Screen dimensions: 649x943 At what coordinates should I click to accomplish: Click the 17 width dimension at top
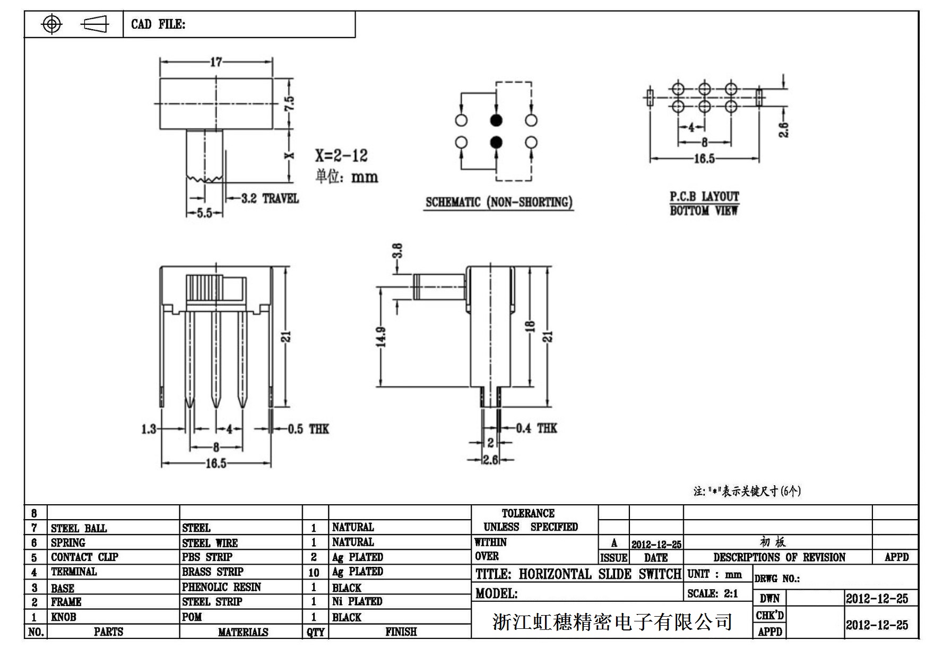[x=216, y=62]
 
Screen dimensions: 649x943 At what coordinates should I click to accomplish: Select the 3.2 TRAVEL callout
[x=270, y=198]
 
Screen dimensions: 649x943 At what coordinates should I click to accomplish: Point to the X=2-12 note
[x=341, y=155]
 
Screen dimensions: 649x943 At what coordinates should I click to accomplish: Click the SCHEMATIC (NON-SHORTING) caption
[x=499, y=202]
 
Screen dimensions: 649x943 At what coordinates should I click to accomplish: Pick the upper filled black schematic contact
[x=496, y=120]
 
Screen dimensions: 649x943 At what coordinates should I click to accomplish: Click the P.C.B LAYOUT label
[x=704, y=197]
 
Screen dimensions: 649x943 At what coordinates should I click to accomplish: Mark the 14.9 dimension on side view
[x=381, y=337]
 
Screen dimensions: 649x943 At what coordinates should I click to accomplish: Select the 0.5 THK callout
[x=308, y=429]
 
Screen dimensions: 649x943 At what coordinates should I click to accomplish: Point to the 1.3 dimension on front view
[x=149, y=428]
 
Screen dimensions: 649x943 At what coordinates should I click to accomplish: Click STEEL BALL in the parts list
[x=79, y=528]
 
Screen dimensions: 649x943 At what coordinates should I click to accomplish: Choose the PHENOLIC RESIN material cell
[x=221, y=587]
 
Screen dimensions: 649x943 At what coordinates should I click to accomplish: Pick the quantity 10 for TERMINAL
[x=314, y=573]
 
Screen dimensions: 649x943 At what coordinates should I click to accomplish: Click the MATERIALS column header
[x=243, y=632]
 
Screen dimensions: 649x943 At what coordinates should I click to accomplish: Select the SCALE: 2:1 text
[x=713, y=594]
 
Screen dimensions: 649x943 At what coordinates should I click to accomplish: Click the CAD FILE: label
[x=158, y=24]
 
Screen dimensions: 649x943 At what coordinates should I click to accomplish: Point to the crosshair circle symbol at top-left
[x=51, y=24]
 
